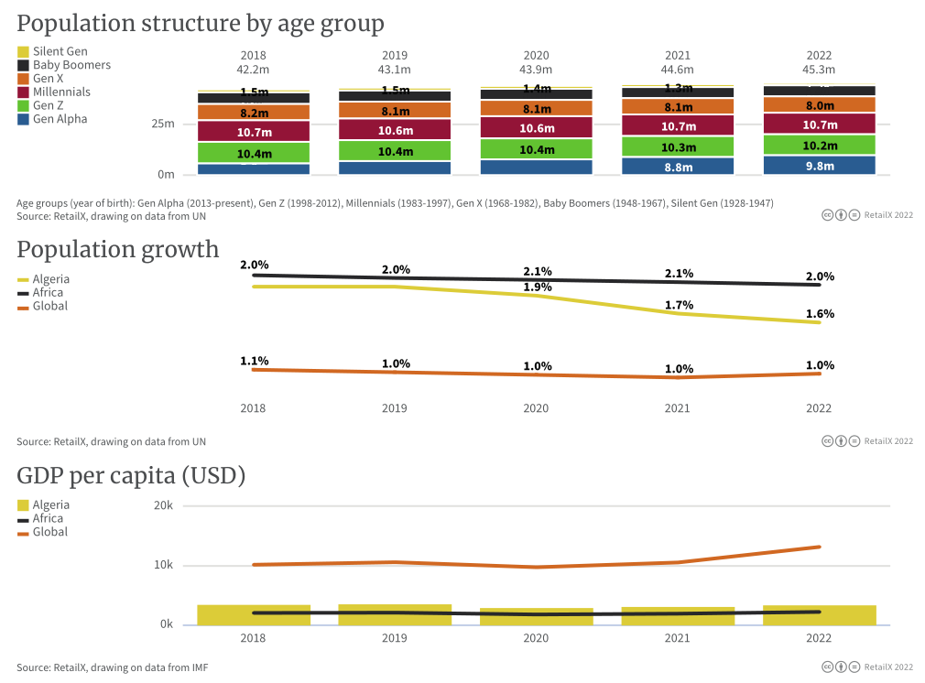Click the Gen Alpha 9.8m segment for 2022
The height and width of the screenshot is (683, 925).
tap(819, 166)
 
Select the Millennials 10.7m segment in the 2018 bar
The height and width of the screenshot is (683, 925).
tap(254, 133)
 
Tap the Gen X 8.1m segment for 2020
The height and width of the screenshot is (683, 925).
tap(536, 108)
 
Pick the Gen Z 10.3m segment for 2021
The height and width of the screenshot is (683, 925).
tap(678, 146)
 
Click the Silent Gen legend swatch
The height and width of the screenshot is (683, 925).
tap(23, 52)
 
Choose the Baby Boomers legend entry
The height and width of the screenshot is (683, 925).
tap(71, 65)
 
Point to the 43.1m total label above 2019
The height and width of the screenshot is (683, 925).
tap(395, 70)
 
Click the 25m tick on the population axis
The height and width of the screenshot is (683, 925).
tap(163, 124)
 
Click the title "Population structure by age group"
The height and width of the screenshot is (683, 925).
tap(201, 23)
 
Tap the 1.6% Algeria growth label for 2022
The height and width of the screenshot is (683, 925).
tap(820, 314)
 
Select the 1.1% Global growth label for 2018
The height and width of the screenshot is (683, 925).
tap(254, 361)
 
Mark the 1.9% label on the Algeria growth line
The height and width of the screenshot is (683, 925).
tap(537, 287)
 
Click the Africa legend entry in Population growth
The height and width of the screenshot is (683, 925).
tap(48, 293)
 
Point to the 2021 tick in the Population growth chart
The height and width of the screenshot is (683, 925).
tap(678, 408)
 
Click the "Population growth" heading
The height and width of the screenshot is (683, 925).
tap(118, 249)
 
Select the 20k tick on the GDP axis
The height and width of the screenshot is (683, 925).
tap(163, 505)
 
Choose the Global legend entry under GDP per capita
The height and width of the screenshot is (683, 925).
tap(49, 532)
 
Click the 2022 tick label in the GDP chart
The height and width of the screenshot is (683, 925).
tap(819, 638)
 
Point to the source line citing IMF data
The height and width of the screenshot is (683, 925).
tap(112, 667)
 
